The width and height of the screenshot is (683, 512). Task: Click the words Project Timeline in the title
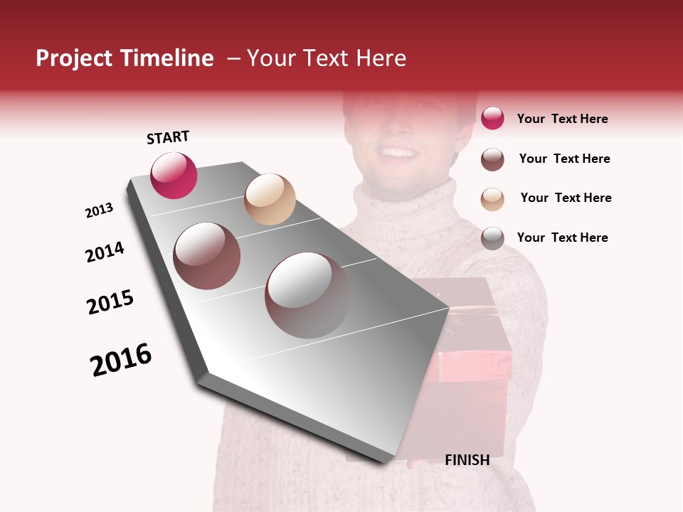(x=125, y=58)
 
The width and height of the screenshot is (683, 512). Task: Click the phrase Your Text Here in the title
(x=327, y=58)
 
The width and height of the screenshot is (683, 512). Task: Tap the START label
(x=168, y=137)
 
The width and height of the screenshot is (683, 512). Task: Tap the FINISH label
(x=467, y=460)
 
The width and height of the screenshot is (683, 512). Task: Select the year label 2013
(x=99, y=210)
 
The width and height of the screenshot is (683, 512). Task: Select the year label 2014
(x=105, y=252)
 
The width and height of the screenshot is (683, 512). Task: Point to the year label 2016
(x=121, y=360)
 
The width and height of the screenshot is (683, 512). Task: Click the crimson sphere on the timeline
(x=174, y=176)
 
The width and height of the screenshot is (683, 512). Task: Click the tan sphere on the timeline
(x=270, y=199)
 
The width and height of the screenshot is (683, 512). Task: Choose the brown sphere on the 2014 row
(x=207, y=256)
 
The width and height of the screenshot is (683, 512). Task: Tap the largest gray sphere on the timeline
(x=308, y=295)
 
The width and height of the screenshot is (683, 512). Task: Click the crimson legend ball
(x=492, y=119)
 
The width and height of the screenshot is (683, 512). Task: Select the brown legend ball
(x=492, y=159)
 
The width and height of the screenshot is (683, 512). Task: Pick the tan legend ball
(x=492, y=199)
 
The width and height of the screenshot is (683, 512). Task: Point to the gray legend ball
(x=492, y=238)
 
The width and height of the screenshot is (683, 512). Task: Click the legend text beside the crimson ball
(x=562, y=119)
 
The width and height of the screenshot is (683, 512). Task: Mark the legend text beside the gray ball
(x=562, y=238)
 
